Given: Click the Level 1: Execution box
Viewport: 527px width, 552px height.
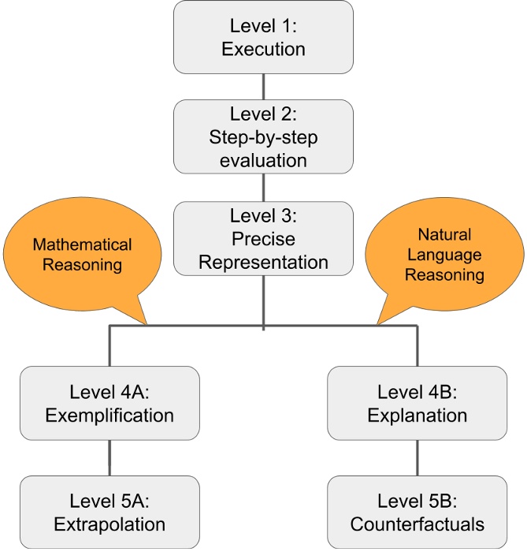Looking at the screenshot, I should [263, 38].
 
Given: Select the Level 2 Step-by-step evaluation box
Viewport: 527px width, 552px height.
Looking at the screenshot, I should [263, 136].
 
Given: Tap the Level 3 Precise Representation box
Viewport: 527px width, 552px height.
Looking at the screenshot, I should [263, 238].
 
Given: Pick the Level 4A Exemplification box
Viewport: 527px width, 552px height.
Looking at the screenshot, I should [109, 402].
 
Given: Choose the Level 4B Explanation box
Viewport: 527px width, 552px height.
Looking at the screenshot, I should [417, 402].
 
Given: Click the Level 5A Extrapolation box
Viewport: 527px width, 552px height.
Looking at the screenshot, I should [109, 512].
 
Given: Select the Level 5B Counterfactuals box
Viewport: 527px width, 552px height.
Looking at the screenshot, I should [417, 512].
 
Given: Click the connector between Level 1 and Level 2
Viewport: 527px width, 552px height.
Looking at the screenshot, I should [263, 87].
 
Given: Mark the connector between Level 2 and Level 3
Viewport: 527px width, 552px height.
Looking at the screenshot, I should [263, 188].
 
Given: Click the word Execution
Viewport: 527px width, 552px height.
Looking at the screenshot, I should [263, 50].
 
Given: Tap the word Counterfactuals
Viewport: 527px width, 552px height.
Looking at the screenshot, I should [417, 524].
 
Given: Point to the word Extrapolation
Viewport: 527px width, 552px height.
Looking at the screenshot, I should [109, 524].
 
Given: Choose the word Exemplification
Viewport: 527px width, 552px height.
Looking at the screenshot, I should [109, 414].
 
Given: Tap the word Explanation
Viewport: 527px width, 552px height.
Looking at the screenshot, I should [417, 414].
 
